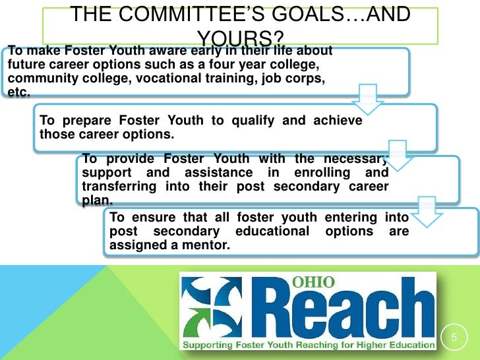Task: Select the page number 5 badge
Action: [x=453, y=338]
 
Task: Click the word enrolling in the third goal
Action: [x=320, y=172]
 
